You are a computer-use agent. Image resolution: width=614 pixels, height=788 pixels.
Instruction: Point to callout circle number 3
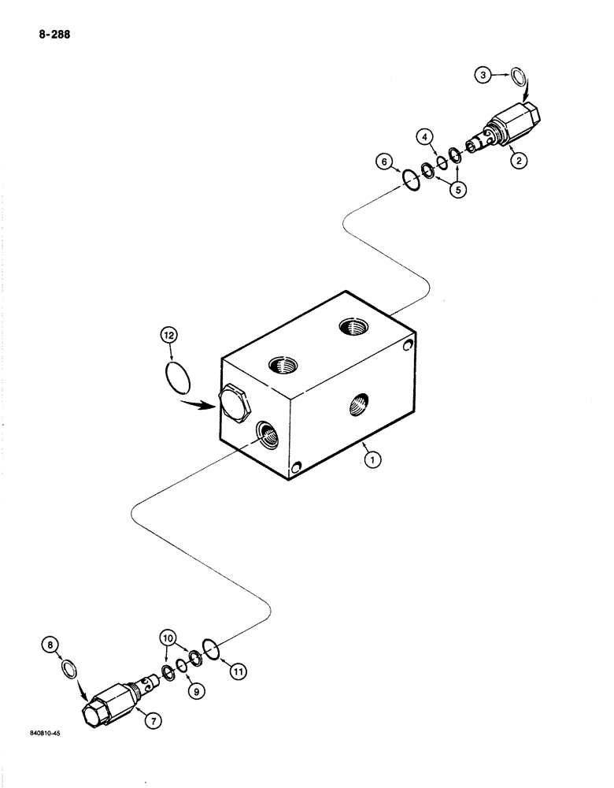point(484,76)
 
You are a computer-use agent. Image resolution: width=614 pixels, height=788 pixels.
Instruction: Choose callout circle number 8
point(52,647)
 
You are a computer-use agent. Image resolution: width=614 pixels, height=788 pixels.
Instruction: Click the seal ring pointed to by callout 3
point(518,77)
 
